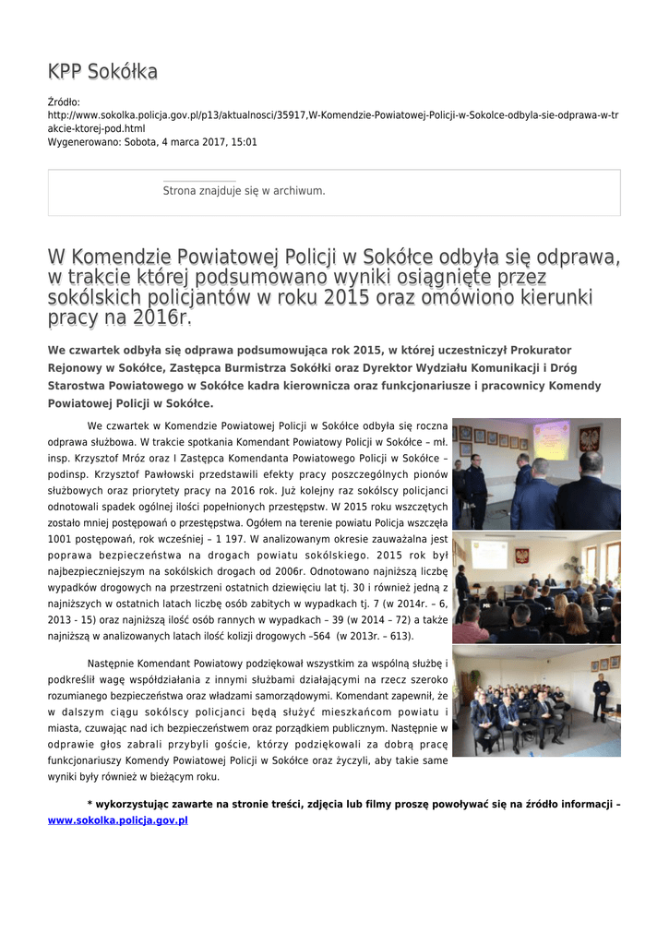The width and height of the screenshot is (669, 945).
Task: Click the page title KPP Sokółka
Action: point(102,72)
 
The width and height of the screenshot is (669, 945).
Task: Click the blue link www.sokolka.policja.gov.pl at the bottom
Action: point(117,819)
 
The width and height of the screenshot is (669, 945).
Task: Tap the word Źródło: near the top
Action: point(64,102)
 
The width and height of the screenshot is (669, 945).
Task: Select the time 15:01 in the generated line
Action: point(244,142)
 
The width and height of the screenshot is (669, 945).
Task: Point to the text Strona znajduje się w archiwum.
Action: point(244,191)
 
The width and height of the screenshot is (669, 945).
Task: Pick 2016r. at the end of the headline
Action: point(162,318)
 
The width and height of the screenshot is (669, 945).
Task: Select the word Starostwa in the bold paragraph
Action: point(82,386)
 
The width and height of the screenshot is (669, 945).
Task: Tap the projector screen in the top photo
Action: point(552,440)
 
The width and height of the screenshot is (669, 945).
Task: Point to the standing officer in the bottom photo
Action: point(600,696)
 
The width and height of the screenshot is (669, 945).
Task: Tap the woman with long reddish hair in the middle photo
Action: point(574,619)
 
